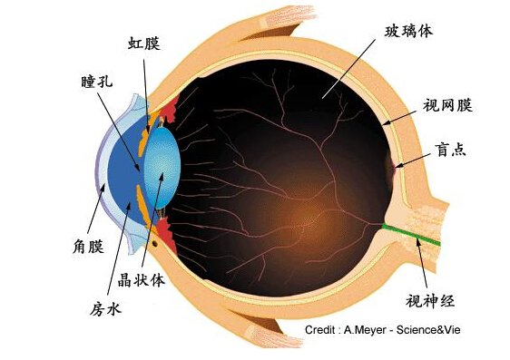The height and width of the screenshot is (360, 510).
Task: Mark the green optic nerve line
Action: coord(413,234)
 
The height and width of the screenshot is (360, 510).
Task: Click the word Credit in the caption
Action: coord(322,330)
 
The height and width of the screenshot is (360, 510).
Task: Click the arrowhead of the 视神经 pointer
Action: coord(415,237)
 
